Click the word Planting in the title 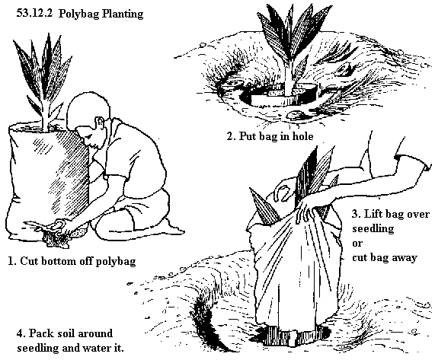(x=123, y=14)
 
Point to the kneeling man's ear (x=99, y=122)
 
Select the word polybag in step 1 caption (x=116, y=262)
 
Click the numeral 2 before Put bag (x=229, y=136)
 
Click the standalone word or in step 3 (x=357, y=244)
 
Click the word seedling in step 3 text (x=373, y=229)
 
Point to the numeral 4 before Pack (x=20, y=333)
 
